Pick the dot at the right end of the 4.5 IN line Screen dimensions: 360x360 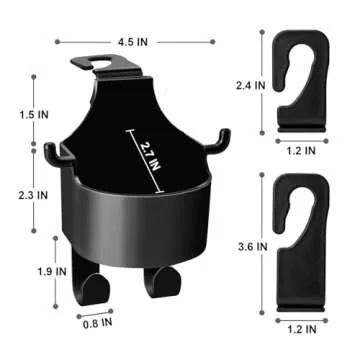[211, 42]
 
